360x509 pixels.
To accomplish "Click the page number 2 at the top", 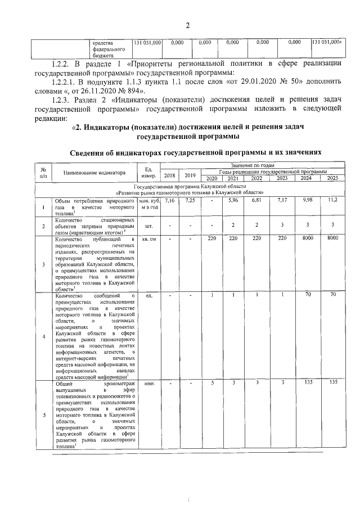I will (188, 24).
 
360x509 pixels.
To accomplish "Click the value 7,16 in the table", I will (170, 200).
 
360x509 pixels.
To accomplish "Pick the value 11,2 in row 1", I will (333, 200).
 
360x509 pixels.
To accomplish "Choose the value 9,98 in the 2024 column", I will (307, 200).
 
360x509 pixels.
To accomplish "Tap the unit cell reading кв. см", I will (150, 240).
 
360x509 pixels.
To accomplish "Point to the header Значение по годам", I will (252, 165).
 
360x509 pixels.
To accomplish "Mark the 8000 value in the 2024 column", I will (307, 239).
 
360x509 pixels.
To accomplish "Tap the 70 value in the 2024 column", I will (307, 295).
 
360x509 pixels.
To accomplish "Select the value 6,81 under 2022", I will (257, 200).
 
